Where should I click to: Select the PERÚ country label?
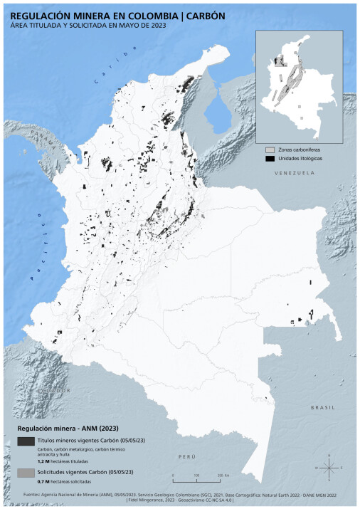tap(186, 455)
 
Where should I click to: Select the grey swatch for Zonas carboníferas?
tap(270, 151)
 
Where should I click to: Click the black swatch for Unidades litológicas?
tap(270, 159)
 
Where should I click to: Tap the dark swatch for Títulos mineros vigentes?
tap(25, 442)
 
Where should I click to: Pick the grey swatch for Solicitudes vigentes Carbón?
tap(25, 473)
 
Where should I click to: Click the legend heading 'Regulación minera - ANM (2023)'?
tap(58, 429)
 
